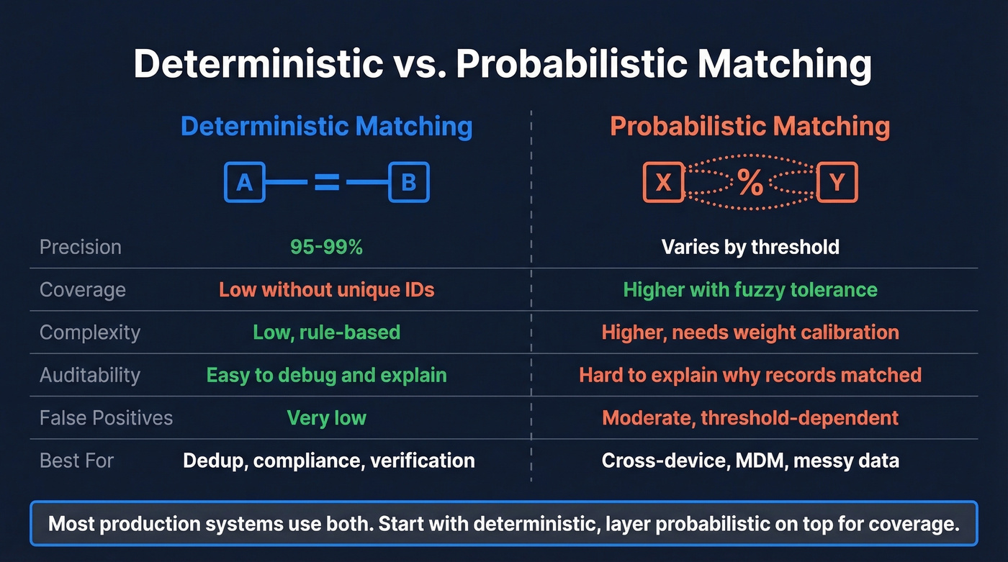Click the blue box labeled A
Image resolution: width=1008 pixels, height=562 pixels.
245,182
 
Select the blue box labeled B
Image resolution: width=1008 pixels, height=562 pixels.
408,182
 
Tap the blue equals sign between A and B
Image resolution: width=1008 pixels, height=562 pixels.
326,182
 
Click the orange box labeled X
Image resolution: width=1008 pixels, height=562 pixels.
663,182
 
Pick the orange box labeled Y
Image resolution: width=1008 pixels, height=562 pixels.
837,182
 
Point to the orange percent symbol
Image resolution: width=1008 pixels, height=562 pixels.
750,183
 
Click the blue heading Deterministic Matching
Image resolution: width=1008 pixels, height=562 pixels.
326,127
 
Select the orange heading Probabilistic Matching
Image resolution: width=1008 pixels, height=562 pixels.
750,127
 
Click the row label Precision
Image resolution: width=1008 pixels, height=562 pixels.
81,247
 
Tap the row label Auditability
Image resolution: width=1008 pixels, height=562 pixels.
90,375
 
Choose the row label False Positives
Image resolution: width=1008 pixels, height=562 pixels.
106,417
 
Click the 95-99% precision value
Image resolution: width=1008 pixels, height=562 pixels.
326,247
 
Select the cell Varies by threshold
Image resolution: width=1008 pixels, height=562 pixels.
750,247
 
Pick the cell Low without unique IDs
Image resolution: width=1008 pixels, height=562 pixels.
326,289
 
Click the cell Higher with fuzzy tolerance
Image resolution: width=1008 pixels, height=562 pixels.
750,289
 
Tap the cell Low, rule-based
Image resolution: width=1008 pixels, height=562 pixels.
326,332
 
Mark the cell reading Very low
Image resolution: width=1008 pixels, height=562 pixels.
326,417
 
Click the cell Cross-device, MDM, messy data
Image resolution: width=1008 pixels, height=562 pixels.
750,461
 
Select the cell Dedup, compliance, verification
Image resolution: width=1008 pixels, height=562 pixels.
328,461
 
